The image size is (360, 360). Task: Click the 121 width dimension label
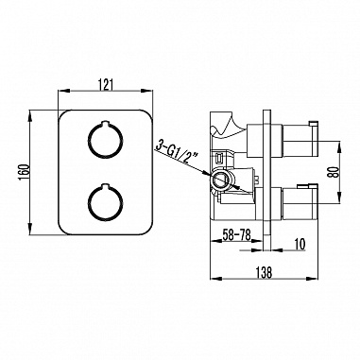106,85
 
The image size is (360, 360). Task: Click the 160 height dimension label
25,172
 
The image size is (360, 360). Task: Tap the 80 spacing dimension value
334,172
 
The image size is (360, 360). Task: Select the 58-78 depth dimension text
236,235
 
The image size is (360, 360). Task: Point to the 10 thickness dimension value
300,244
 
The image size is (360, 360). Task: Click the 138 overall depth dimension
264,272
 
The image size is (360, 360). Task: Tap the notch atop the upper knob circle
105,123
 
